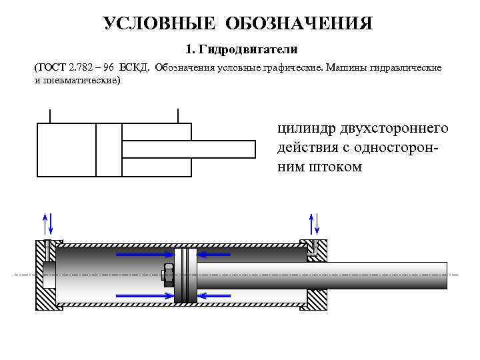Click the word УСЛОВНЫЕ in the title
click(x=160, y=24)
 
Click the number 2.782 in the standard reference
click(x=81, y=68)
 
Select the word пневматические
click(x=77, y=80)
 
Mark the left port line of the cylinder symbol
click(x=50, y=115)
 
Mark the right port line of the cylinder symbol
click(x=178, y=115)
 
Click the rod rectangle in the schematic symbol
click(x=189, y=149)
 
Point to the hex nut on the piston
click(x=169, y=274)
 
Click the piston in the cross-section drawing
click(x=185, y=274)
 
